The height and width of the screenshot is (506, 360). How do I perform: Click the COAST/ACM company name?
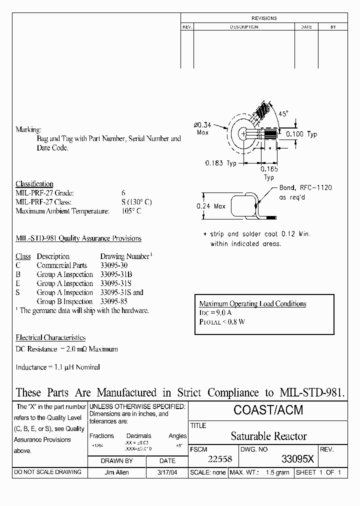tap(268, 411)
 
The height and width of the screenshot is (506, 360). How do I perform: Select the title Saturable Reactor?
tap(268, 436)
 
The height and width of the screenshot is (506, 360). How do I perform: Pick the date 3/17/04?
tap(167, 472)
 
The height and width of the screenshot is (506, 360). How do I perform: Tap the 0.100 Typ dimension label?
tap(301, 134)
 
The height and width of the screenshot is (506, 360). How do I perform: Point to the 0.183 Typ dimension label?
tap(220, 163)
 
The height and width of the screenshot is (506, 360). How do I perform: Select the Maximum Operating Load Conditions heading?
tap(252, 303)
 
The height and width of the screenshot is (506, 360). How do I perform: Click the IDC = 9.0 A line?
tap(215, 312)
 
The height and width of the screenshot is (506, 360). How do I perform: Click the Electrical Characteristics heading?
tap(50, 338)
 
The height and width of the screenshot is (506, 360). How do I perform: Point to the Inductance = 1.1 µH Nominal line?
tap(57, 367)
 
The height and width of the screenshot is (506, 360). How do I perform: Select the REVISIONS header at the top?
tap(264, 18)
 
